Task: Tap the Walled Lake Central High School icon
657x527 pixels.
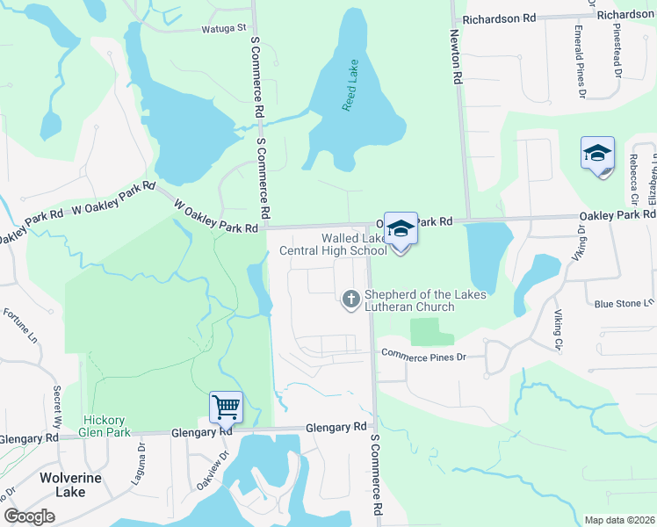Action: point(400,229)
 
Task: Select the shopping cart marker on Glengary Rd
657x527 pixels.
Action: point(227,407)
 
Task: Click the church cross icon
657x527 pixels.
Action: point(350,300)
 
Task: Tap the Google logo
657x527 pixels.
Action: point(29,516)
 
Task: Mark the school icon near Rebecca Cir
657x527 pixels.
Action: point(597,155)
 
